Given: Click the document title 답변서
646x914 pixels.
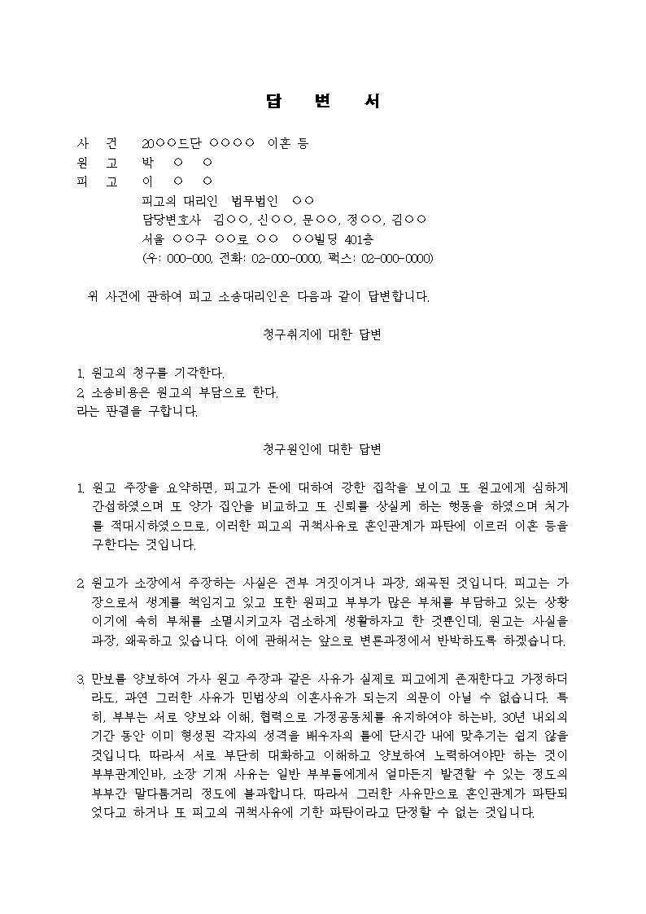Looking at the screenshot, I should pos(323,102).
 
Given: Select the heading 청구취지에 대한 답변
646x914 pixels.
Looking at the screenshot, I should pos(323,335).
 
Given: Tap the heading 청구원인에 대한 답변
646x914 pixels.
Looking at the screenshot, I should pos(323,449).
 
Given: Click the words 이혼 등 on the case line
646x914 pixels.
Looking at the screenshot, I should pos(288,144).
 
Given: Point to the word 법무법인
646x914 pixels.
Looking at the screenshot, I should pos(255,200).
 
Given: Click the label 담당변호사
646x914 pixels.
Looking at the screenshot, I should pos(171,220).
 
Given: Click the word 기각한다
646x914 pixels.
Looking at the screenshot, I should pos(199,374).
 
